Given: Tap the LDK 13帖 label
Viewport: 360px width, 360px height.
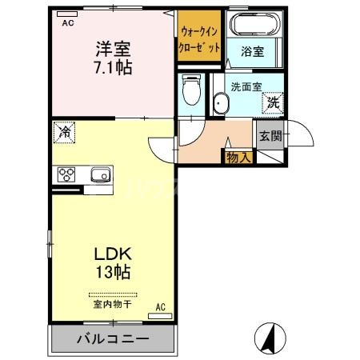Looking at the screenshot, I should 112,262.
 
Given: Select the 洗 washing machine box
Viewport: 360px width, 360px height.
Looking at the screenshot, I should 273,102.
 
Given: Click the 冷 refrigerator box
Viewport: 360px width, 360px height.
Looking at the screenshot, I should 64,132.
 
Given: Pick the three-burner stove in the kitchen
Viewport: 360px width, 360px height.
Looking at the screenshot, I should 66,175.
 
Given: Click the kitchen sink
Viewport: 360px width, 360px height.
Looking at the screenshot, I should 100,175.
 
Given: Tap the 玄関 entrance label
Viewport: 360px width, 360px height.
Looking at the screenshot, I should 270,136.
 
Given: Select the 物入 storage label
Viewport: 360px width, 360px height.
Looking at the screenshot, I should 238,157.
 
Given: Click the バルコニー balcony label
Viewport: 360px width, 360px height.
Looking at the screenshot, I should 112,338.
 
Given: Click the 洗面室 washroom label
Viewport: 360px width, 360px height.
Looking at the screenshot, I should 245,86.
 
